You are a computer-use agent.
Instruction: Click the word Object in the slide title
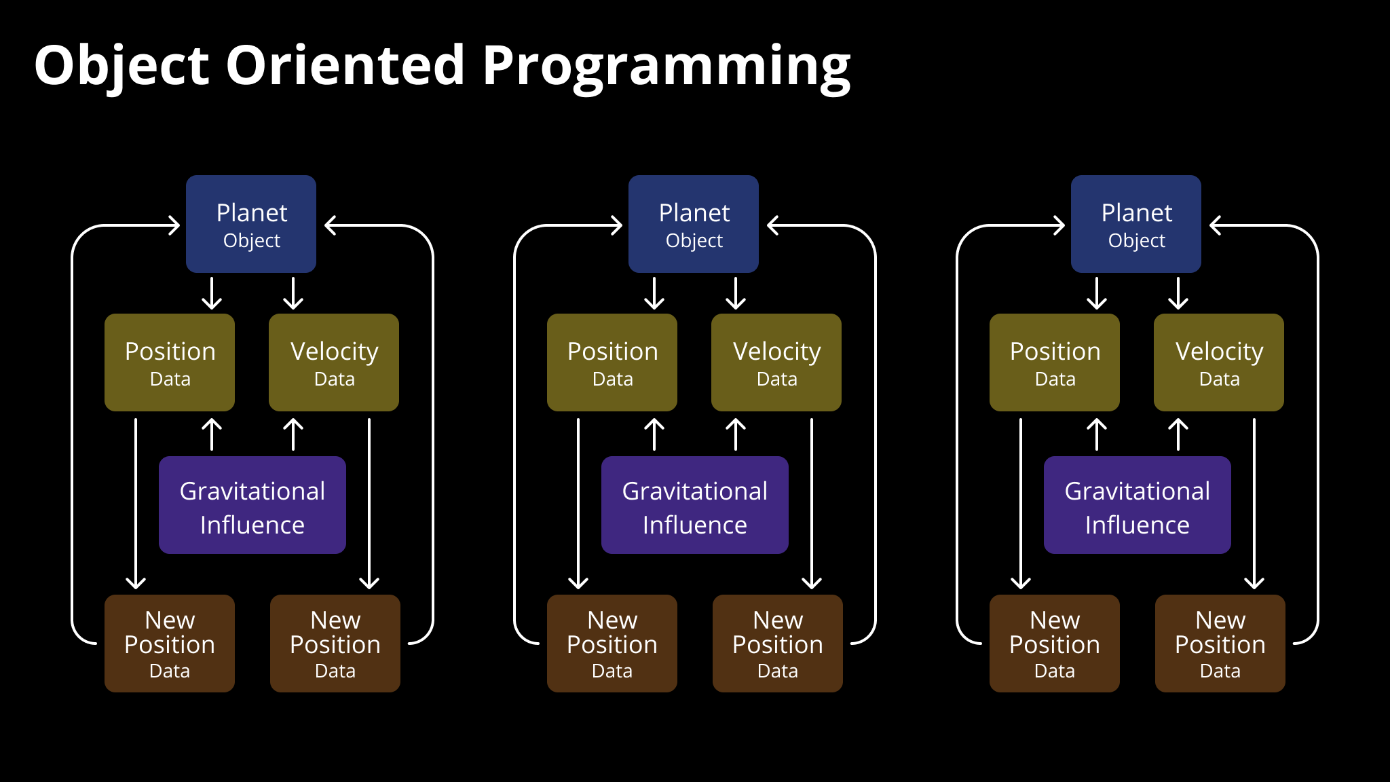tap(122, 67)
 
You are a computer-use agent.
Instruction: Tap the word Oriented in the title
tap(345, 65)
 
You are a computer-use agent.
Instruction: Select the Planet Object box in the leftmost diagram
tap(251, 224)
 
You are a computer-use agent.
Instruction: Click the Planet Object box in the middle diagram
tap(694, 224)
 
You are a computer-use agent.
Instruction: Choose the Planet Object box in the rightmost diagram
tap(1136, 224)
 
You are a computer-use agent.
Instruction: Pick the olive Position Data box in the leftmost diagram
tap(170, 362)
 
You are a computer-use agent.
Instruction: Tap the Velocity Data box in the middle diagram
tap(776, 362)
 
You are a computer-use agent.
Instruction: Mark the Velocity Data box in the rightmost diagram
tap(1219, 362)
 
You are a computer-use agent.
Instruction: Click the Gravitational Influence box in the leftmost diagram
tap(252, 505)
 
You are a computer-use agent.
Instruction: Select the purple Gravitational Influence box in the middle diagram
tap(695, 505)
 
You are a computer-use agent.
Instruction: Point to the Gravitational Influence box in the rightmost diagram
tap(1138, 505)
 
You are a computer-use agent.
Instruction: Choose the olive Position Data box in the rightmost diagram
tap(1055, 362)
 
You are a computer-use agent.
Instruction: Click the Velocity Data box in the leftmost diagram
tap(334, 362)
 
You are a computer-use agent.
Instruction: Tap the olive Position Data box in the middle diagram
tap(612, 362)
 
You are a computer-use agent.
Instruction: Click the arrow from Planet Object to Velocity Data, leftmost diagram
tap(293, 293)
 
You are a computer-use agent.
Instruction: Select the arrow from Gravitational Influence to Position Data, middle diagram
tap(654, 434)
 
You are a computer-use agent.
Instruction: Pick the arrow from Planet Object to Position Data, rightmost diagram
tap(1097, 293)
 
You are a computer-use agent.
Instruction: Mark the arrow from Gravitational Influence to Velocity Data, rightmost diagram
tap(1178, 434)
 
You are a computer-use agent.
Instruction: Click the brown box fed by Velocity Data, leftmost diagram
tap(335, 644)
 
